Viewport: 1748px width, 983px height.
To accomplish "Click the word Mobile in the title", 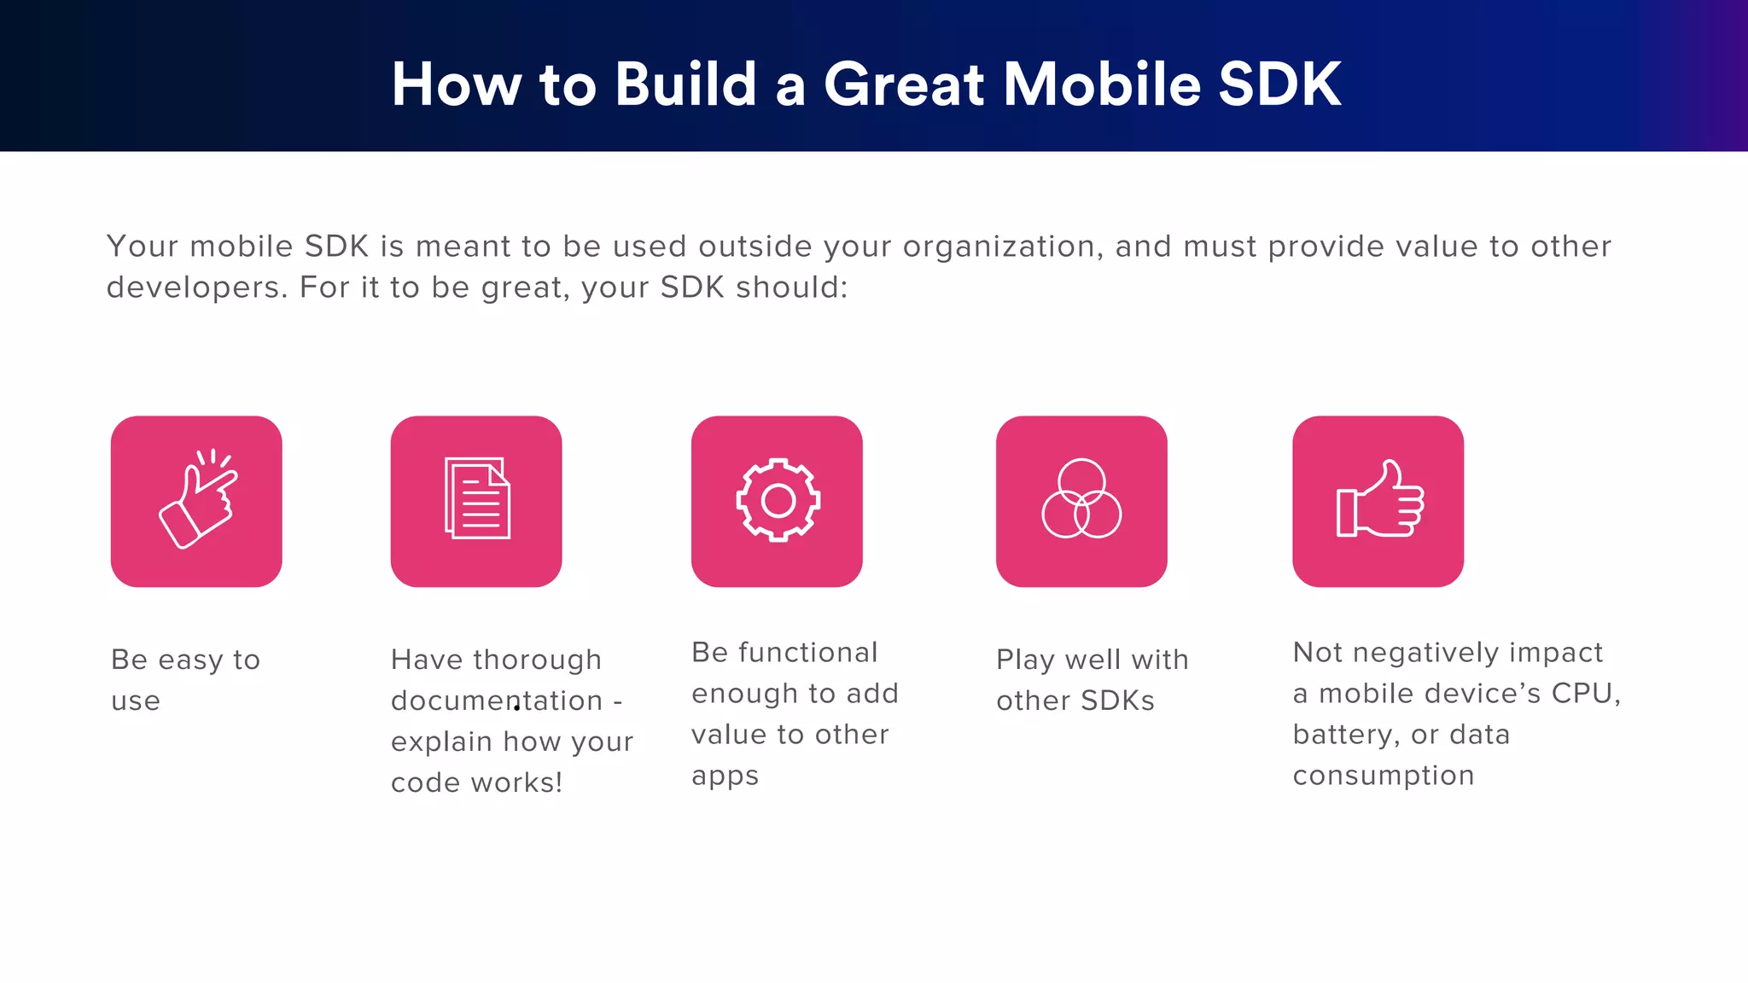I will click(x=1102, y=84).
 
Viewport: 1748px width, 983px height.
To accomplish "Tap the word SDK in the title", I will click(x=1279, y=84).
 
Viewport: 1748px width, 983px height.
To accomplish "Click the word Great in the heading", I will click(x=905, y=84).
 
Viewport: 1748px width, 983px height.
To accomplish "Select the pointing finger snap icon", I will click(x=197, y=501).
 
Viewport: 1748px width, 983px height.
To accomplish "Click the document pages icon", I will click(x=476, y=499).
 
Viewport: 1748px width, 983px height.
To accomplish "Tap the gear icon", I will click(x=778, y=501).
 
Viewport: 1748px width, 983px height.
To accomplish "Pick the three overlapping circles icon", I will click(x=1081, y=500).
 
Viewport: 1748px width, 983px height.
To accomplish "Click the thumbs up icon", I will click(x=1378, y=501).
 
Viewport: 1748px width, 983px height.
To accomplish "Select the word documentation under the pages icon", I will click(x=497, y=701).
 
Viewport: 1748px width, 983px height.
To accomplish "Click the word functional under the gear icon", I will click(x=807, y=653).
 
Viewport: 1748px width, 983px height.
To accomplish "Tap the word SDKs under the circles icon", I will click(x=1117, y=701).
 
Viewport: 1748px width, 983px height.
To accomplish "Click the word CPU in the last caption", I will click(x=1585, y=693).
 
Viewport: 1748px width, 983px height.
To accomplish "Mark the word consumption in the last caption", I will click(x=1383, y=776).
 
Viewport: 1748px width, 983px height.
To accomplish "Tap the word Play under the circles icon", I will click(x=1025, y=660).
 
